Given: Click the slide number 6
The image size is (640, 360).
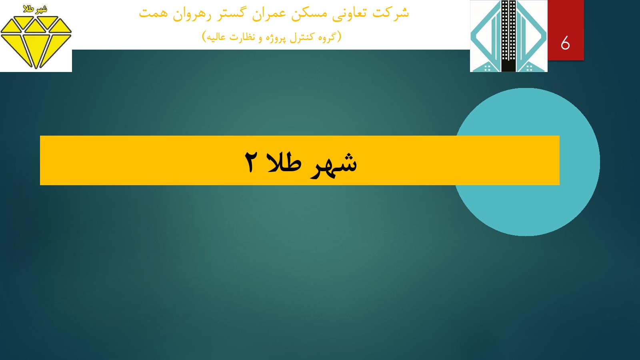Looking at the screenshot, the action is point(565,44).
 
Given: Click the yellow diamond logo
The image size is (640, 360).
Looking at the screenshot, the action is point(36,42).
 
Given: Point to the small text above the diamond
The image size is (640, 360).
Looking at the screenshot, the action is point(35,10).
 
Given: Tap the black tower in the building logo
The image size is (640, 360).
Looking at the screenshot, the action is point(508,36).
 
